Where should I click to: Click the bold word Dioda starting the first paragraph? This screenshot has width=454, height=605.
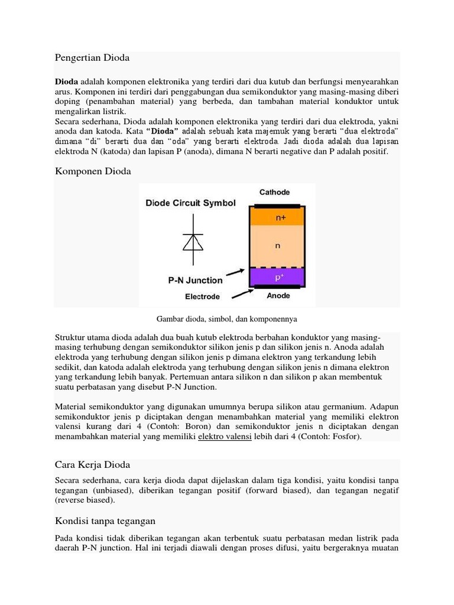tap(66, 81)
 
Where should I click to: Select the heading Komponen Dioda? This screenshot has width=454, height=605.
tap(93, 171)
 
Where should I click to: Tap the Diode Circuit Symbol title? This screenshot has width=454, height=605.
tap(190, 203)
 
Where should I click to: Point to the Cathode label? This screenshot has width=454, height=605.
tap(274, 193)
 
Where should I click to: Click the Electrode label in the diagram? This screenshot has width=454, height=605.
tap(202, 296)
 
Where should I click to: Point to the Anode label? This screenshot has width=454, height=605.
tap(278, 296)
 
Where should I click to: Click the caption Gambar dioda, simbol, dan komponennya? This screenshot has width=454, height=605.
tap(226, 319)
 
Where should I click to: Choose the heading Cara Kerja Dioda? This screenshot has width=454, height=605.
tap(92, 464)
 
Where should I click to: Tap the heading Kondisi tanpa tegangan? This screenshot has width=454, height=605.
tap(105, 521)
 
